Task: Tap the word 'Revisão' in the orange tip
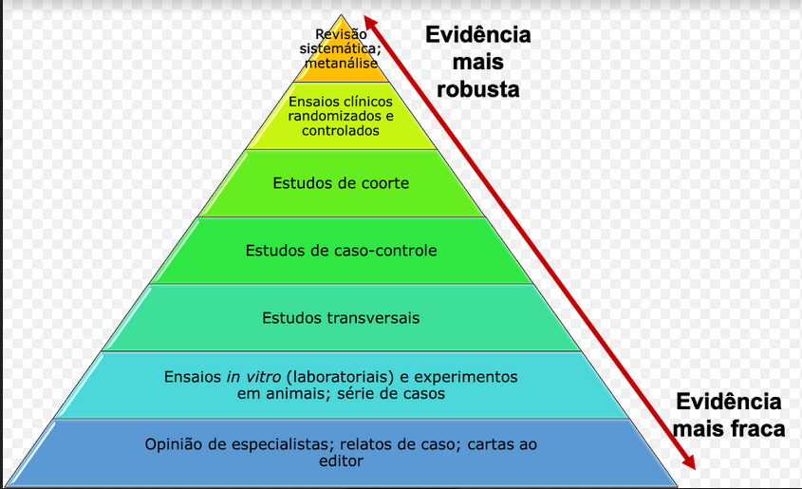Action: coord(340,35)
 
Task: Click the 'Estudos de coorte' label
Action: coord(340,182)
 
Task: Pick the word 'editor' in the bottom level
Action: coord(341,461)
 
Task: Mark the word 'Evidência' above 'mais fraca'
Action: coord(728,401)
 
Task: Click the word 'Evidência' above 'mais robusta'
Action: coord(477,35)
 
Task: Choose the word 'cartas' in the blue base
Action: coord(471,443)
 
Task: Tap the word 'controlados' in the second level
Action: coord(340,131)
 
